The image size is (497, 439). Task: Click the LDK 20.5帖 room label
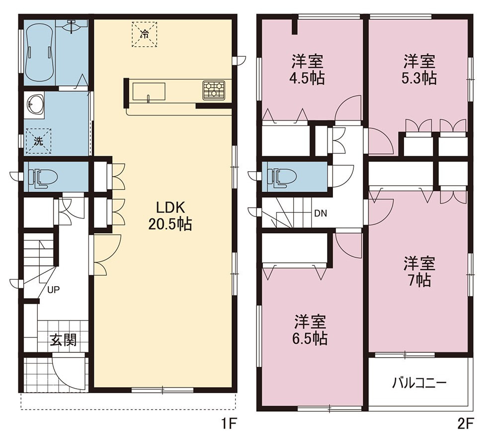170,216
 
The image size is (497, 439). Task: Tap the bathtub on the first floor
40,52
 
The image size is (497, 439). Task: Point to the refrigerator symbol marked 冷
144,34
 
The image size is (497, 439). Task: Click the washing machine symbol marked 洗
38,141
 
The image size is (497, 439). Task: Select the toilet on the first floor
43,177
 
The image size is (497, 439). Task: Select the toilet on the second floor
282,177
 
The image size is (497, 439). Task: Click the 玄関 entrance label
64,340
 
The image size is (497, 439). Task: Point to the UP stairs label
54,290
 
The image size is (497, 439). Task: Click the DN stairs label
321,214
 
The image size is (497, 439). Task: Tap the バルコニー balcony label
419,383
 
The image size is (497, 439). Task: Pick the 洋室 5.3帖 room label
419,70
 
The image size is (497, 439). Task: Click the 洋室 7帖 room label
419,271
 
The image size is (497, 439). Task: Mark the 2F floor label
465,424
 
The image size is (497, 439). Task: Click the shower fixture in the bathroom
72,26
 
